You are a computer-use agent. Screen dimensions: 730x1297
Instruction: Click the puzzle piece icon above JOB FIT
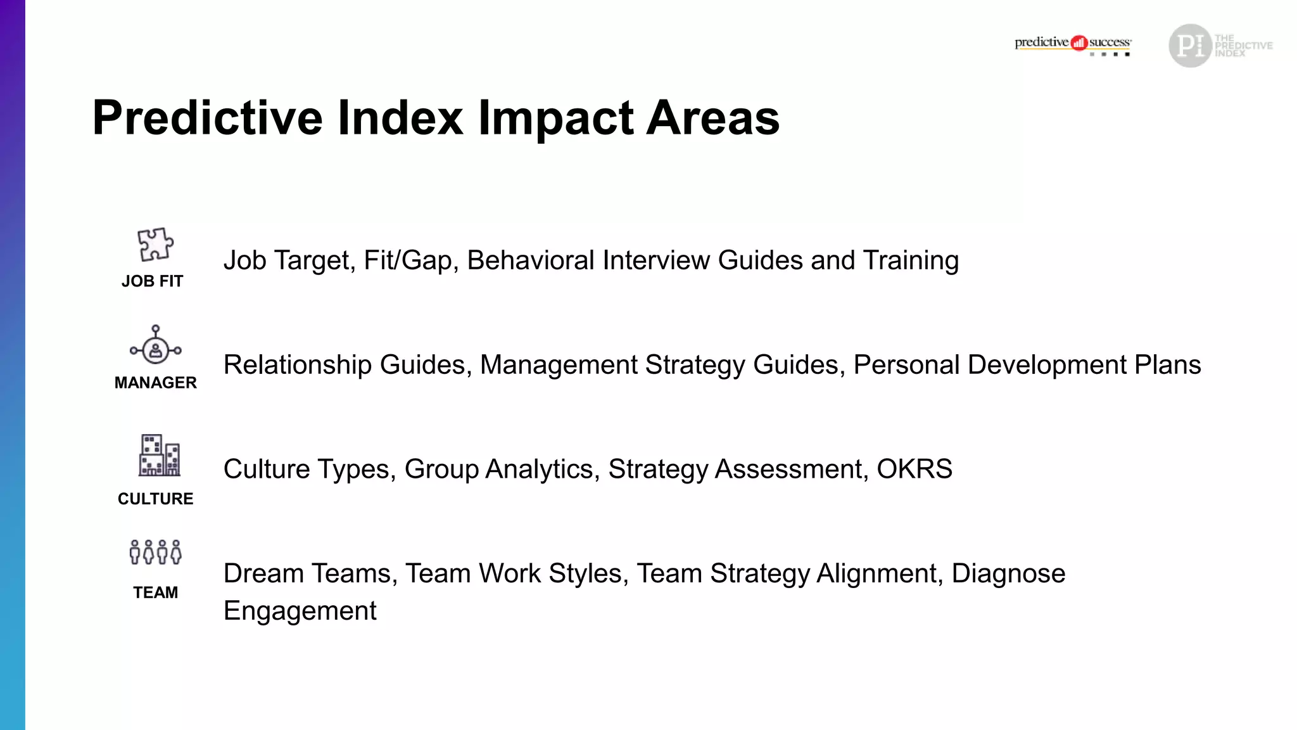tap(155, 245)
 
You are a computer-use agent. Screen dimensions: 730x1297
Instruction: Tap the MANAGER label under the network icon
tap(156, 383)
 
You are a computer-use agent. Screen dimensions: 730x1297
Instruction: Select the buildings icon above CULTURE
tap(159, 456)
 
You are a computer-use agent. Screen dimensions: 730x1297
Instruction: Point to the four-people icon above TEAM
tap(156, 552)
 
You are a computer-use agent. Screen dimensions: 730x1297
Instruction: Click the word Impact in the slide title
tap(555, 118)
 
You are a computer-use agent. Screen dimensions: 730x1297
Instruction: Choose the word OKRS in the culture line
tap(914, 470)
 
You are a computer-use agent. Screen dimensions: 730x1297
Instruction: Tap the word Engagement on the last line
tap(300, 611)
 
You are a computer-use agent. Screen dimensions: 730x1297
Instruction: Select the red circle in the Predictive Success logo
tap(1079, 43)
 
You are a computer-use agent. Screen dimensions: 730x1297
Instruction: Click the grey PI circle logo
tap(1190, 46)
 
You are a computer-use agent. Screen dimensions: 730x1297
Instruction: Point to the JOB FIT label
tap(152, 281)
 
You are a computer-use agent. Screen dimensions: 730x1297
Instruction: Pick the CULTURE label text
tap(156, 499)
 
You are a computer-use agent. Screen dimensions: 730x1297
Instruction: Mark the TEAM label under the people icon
tap(156, 592)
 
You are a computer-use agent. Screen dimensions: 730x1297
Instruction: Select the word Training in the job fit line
tap(911, 260)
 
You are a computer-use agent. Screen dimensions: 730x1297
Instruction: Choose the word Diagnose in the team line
tap(1008, 573)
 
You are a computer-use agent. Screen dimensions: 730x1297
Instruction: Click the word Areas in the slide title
tap(712, 118)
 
